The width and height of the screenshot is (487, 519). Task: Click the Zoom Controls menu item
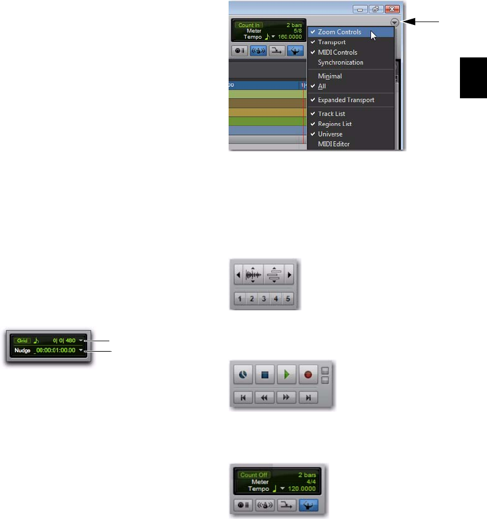click(x=339, y=32)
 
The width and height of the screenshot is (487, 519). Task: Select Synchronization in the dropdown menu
click(x=340, y=62)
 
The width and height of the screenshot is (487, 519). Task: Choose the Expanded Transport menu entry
click(x=346, y=100)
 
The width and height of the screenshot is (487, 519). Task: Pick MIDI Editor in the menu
click(x=334, y=144)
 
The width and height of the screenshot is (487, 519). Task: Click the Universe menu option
click(x=330, y=134)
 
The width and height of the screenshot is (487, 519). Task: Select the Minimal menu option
click(x=330, y=76)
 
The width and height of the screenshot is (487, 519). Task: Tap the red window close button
click(x=391, y=9)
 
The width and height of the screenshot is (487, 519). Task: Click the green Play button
click(x=285, y=374)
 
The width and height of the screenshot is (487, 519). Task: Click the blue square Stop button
click(x=264, y=374)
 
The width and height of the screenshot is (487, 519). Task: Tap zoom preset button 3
click(x=264, y=299)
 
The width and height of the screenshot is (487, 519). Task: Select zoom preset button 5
click(x=288, y=299)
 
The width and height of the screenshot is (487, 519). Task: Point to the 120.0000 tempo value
click(x=303, y=489)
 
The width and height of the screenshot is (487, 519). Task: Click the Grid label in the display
click(x=22, y=341)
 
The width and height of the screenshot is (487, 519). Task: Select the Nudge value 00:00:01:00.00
click(x=55, y=350)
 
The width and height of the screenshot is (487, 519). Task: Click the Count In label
click(x=249, y=25)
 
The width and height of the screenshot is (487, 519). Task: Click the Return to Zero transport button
click(x=243, y=397)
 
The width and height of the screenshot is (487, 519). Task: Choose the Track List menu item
click(x=331, y=114)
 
